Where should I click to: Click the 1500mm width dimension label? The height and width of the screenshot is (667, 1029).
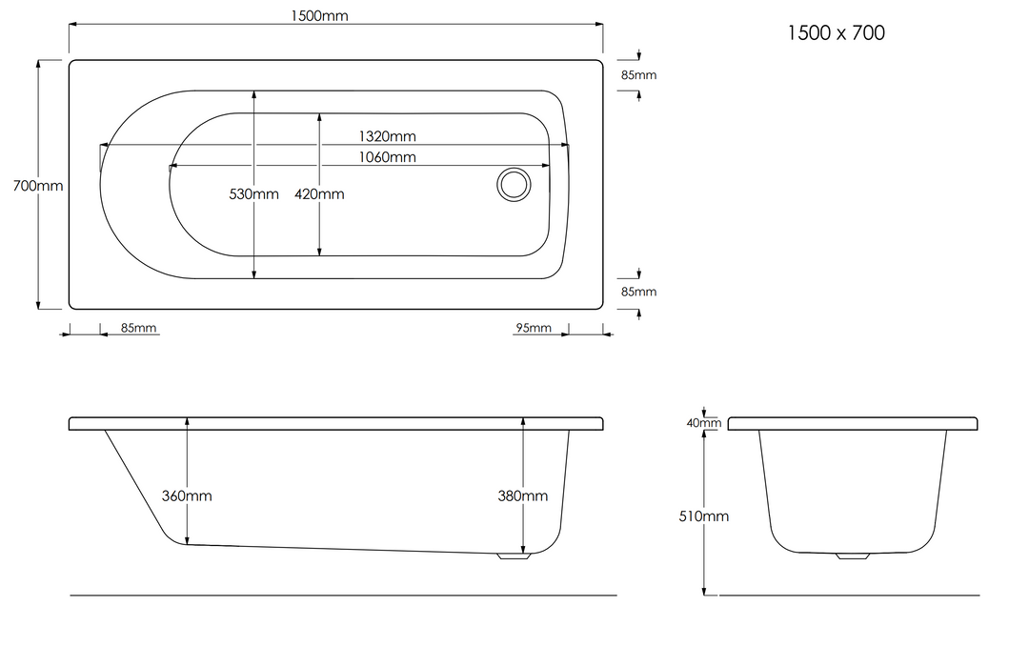(319, 15)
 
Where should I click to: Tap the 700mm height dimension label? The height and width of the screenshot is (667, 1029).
(38, 186)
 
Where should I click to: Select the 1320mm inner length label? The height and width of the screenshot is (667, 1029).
(387, 136)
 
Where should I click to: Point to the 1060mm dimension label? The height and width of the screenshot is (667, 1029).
(387, 157)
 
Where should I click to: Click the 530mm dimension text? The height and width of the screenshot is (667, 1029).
(254, 193)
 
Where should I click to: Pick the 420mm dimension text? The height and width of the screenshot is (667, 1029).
(319, 193)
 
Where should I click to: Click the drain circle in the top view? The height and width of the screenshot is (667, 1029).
(514, 185)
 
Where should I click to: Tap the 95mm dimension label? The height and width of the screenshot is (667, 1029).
(534, 327)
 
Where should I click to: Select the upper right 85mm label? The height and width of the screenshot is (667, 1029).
(639, 75)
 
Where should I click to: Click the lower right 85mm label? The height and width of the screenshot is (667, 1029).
(639, 292)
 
